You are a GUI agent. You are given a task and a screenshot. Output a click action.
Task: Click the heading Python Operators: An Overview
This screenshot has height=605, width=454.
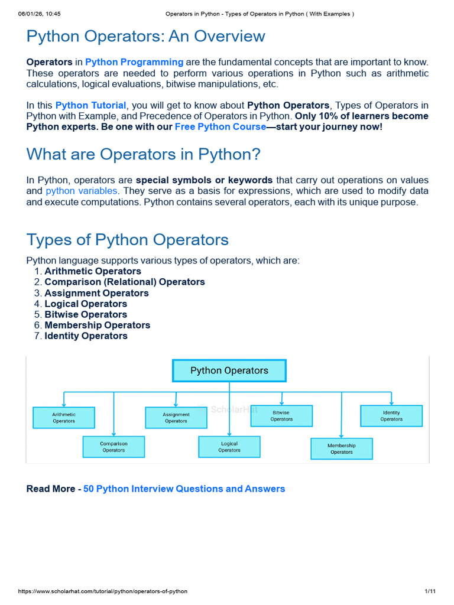tap(145, 36)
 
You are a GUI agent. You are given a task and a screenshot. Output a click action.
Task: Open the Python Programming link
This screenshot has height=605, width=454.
tap(134, 62)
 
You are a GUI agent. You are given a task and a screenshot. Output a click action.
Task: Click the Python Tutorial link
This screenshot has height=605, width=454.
tap(90, 105)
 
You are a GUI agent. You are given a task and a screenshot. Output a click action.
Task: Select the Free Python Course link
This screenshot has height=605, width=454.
tap(220, 127)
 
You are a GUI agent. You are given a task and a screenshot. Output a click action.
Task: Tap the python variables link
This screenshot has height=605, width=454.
tap(82, 191)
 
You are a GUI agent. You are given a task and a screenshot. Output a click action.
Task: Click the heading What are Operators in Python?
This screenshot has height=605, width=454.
tap(143, 154)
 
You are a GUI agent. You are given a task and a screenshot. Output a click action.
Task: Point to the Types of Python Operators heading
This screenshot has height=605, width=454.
tap(128, 240)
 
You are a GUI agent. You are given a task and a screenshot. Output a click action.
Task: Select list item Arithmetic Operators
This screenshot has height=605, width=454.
tap(93, 271)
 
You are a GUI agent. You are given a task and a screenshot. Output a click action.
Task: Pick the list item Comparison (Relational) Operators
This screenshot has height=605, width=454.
tap(125, 282)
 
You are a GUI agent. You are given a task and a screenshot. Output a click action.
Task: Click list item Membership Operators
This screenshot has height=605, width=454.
tap(98, 326)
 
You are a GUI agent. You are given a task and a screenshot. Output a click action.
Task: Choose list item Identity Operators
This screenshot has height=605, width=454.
tap(86, 336)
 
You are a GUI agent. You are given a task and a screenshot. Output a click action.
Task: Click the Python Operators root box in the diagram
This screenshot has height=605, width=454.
tap(229, 371)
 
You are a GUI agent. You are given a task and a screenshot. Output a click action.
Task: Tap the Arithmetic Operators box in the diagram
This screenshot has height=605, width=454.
tap(64, 418)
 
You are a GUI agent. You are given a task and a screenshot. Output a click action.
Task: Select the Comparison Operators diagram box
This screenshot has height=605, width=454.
tap(113, 447)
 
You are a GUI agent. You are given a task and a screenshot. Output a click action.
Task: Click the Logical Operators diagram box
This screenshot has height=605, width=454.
tap(229, 447)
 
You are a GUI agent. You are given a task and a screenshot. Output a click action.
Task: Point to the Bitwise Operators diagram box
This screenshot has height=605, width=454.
tap(281, 416)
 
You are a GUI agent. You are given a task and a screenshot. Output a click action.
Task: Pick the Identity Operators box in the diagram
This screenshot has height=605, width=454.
tap(391, 416)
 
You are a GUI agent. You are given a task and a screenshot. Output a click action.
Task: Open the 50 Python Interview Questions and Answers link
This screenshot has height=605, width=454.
tap(184, 489)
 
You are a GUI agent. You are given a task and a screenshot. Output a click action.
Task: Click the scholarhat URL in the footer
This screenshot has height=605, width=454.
tap(103, 591)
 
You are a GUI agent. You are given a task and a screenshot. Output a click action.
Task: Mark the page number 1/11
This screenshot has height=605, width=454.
tap(430, 591)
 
